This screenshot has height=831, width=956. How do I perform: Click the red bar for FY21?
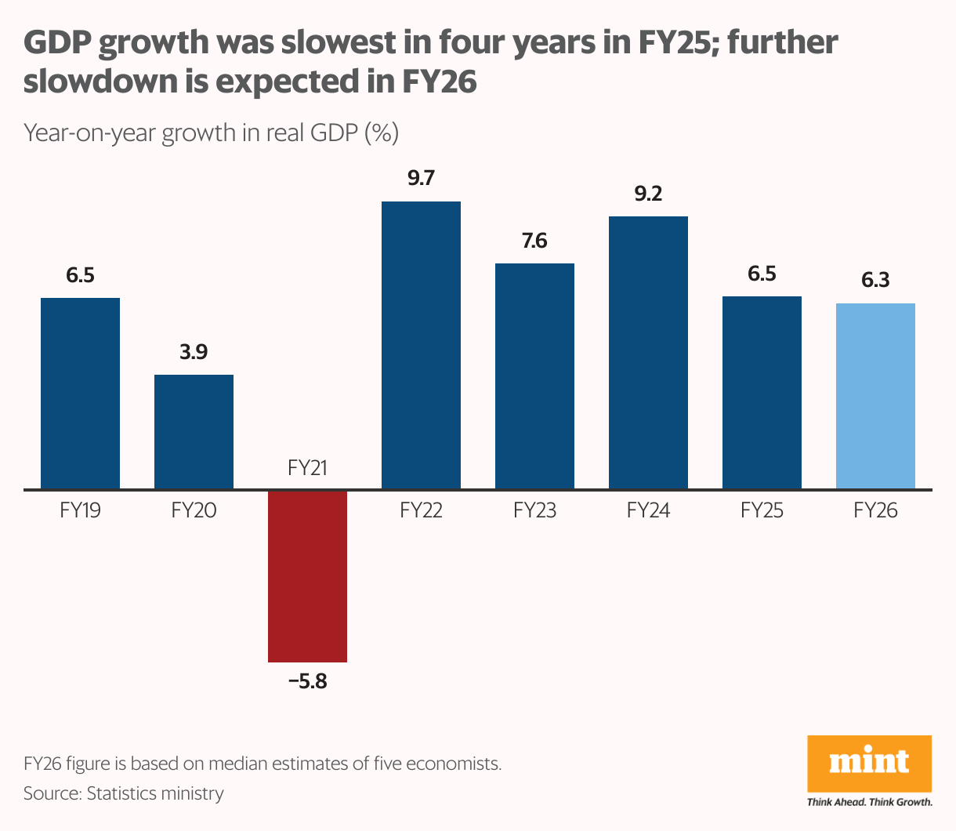(307, 576)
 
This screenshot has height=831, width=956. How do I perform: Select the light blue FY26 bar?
(875, 396)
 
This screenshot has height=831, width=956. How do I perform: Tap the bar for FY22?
(421, 345)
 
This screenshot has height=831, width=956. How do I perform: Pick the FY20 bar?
(194, 432)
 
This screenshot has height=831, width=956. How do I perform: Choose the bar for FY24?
(648, 353)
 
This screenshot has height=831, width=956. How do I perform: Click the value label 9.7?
(421, 179)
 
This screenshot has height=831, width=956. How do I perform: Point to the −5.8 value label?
(307, 681)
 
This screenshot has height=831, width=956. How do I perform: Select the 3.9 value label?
(194, 353)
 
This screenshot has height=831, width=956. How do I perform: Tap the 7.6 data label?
(534, 241)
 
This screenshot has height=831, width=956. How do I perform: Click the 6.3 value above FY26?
(875, 281)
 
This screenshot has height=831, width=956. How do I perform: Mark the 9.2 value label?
(648, 194)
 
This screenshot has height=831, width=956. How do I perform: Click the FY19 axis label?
(80, 511)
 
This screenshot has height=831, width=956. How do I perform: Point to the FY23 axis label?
(534, 511)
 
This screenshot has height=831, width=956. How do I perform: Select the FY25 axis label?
(762, 511)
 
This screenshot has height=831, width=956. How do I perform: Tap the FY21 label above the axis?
(307, 469)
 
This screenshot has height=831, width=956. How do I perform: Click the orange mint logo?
(869, 764)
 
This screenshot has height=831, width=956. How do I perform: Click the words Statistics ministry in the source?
(155, 793)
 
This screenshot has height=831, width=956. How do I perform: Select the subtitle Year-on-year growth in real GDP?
(212, 132)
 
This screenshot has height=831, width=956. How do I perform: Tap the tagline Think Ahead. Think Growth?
(869, 802)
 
